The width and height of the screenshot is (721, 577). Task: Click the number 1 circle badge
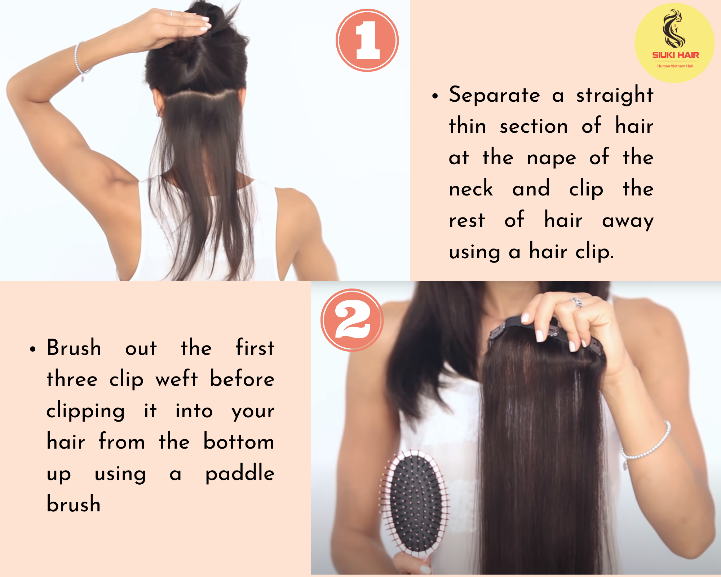point(367,40)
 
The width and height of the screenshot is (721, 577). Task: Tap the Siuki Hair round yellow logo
point(674,43)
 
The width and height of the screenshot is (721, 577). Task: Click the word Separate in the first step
point(495,95)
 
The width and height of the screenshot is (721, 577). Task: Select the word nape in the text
point(552,158)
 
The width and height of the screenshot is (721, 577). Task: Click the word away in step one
point(628,221)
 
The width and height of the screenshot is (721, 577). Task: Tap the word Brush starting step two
point(74,348)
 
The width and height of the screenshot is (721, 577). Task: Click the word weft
point(177,379)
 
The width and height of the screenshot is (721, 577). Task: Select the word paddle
point(240,473)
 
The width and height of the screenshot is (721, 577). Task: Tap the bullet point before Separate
point(435,96)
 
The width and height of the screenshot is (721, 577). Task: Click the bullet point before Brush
point(33,349)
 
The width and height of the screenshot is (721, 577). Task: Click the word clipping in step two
point(86,411)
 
